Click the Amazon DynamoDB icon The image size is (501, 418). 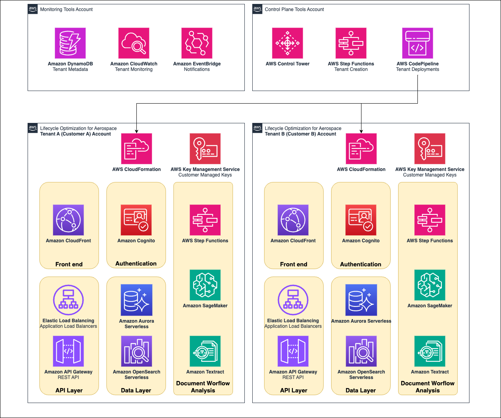[x=70, y=43]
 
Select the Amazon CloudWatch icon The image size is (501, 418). [x=134, y=43]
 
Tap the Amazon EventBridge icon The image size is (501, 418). [x=197, y=43]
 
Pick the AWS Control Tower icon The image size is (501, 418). [x=287, y=43]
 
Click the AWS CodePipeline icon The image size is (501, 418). [x=417, y=43]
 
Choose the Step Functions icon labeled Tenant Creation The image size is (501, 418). [x=351, y=43]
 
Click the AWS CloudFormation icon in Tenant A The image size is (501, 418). [x=136, y=149]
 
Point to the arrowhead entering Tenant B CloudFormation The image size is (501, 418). [x=361, y=131]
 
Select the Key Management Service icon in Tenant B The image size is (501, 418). [x=430, y=149]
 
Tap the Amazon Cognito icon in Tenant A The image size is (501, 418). [x=136, y=220]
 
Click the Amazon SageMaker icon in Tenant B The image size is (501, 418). [x=430, y=285]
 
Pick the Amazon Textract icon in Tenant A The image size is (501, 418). [x=205, y=351]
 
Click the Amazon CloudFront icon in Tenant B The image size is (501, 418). [x=293, y=220]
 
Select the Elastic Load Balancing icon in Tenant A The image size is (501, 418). [x=68, y=300]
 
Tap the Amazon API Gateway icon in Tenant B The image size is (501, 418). [x=293, y=351]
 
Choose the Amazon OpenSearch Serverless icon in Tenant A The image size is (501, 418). [x=136, y=351]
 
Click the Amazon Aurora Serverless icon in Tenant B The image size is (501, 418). [x=361, y=300]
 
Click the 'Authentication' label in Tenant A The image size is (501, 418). [x=136, y=264]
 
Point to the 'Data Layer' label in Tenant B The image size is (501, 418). [x=361, y=390]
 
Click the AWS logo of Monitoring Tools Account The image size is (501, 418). [x=33, y=9]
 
